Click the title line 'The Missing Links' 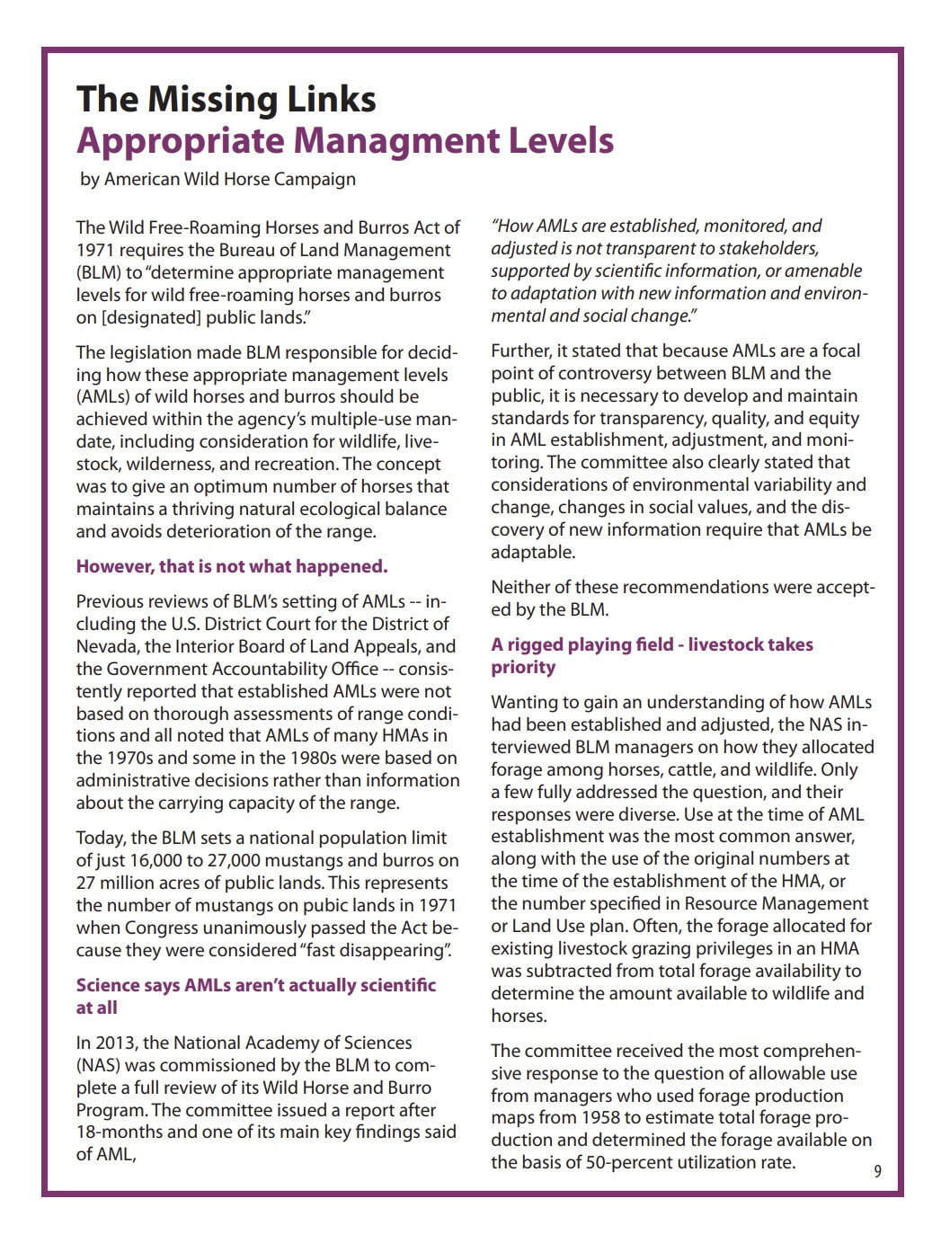point(226,99)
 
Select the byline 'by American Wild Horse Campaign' point(218,179)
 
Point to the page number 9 point(877,1171)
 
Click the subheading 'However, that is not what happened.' point(232,566)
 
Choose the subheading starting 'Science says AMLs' point(255,985)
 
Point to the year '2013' point(118,1043)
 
